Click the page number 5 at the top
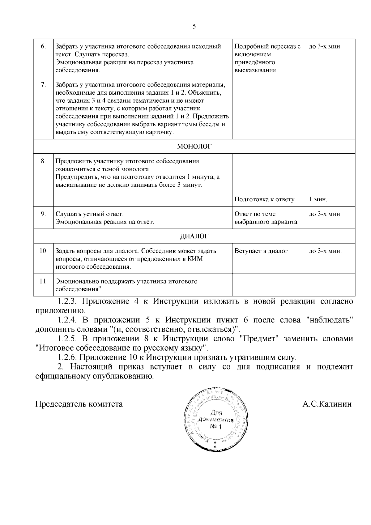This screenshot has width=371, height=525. [194, 27]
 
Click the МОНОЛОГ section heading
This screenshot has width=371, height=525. [194, 147]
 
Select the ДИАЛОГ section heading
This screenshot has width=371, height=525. [194, 236]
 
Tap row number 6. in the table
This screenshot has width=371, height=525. [43, 47]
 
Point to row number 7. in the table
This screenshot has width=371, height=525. [43, 85]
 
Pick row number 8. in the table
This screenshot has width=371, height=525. [43, 161]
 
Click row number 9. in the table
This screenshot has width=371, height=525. [43, 214]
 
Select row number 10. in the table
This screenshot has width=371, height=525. [43, 251]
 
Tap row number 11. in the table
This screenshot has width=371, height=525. [43, 281]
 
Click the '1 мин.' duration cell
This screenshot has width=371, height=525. [318, 199]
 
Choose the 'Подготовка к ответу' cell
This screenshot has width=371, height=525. [264, 199]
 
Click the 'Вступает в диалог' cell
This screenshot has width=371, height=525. [261, 251]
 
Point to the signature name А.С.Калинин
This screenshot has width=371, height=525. [327, 404]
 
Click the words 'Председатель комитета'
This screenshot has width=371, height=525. [79, 404]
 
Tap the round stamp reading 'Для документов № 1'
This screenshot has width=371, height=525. [215, 419]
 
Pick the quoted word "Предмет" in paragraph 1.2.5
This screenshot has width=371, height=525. [259, 339]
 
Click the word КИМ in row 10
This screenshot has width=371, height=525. [195, 259]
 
